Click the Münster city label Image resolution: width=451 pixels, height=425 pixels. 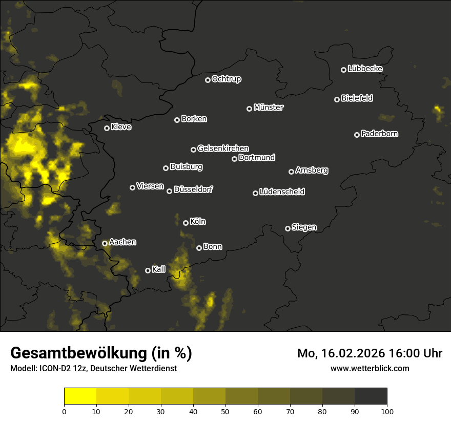tap(269, 108)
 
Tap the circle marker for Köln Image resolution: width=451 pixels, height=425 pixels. tap(186, 223)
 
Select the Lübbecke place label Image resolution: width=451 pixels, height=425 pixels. tap(365, 69)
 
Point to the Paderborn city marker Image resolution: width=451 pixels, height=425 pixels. tap(357, 135)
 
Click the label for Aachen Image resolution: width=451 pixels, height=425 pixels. tap(122, 242)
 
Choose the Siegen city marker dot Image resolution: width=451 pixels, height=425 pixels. tap(288, 228)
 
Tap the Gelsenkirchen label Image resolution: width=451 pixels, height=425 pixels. tap(223, 148)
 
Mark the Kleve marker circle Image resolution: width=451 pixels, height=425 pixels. tap(107, 128)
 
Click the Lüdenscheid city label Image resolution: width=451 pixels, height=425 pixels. tap(282, 192)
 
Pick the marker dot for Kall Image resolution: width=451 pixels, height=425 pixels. tap(148, 270)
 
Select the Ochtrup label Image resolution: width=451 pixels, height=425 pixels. tap(226, 79)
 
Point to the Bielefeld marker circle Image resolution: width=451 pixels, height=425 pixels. tap(337, 99)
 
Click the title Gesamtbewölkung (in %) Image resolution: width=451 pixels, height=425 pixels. tap(101, 353)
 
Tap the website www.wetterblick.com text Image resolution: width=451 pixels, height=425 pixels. tap(370, 368)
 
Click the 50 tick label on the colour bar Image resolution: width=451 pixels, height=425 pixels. tap(225, 411)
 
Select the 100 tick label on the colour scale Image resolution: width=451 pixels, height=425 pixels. tap(387, 411)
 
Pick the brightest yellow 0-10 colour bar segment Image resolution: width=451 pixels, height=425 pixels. tap(80, 396)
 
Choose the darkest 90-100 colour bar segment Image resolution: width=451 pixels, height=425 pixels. tap(371, 396)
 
